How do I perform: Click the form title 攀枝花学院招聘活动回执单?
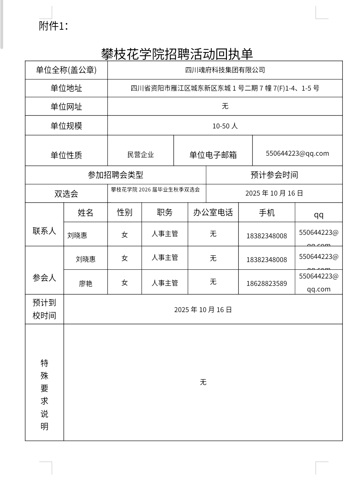(x=177, y=54)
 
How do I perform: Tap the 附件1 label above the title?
(x=53, y=26)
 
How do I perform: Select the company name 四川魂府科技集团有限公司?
(x=225, y=70)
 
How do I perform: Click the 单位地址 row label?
(x=66, y=88)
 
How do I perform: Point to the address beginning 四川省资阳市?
(x=225, y=88)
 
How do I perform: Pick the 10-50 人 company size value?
(x=225, y=126)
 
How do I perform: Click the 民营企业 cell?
(x=140, y=155)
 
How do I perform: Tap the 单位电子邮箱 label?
(x=213, y=155)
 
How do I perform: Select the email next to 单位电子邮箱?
(x=297, y=153)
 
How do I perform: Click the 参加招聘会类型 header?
(x=115, y=175)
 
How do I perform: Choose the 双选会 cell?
(x=66, y=194)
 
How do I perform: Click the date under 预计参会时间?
(x=274, y=193)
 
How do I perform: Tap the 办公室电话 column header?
(x=213, y=212)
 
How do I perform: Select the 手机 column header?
(x=266, y=212)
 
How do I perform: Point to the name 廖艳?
(x=85, y=283)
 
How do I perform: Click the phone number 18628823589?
(x=266, y=283)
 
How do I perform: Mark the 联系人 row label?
(x=44, y=231)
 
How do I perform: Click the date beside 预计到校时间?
(x=203, y=310)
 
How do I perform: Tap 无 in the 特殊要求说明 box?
(x=203, y=382)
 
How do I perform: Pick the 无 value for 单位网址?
(x=225, y=106)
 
